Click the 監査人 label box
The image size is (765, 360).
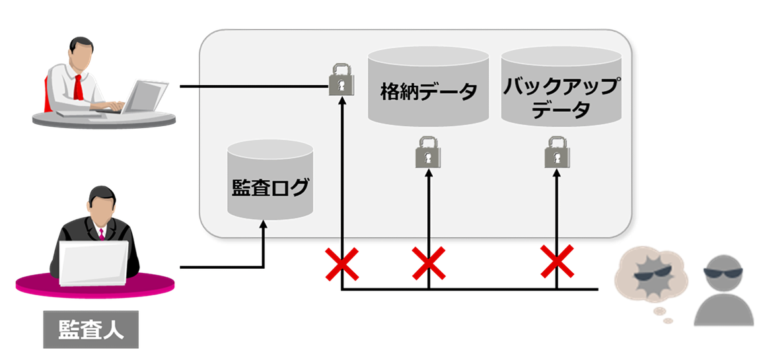tap(91, 329)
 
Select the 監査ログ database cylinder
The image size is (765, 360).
tap(270, 182)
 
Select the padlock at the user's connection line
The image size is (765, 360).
tap(342, 79)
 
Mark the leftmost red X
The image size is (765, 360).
tap(342, 263)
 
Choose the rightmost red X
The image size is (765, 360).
tap(557, 261)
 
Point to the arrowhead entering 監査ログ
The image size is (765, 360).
tap(264, 225)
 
